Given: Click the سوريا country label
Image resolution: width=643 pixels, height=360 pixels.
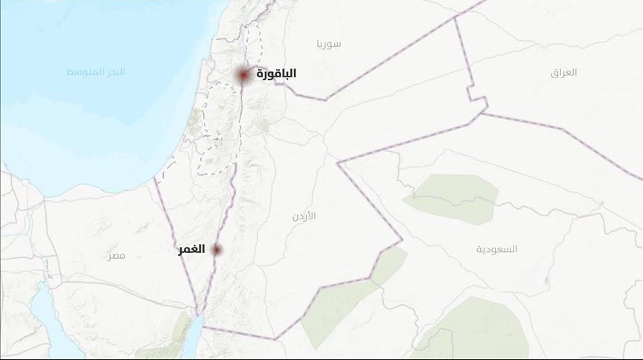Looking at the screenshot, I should tap(328, 43).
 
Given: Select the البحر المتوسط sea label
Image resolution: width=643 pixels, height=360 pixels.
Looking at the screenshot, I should tap(96, 72).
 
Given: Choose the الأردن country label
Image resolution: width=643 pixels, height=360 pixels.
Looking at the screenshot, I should tap(304, 215).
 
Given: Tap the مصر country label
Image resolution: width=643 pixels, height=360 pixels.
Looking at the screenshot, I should tap(116, 255).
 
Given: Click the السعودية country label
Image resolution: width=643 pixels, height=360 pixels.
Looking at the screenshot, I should tap(496, 248).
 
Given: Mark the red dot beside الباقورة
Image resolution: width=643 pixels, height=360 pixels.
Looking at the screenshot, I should tap(243, 75).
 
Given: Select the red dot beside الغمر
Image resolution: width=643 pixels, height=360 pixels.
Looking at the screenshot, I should tap(217, 250).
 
